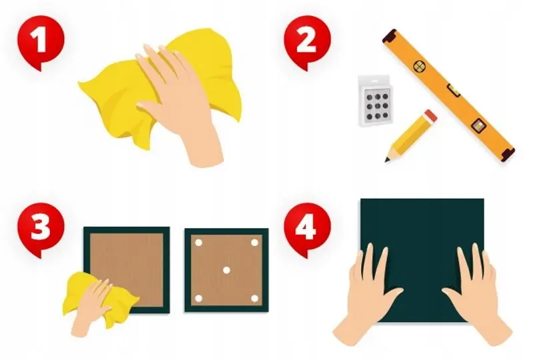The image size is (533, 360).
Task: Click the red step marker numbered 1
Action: point(41,41)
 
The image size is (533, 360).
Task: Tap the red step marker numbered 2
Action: point(307,41)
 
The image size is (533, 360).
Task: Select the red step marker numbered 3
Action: point(41,228)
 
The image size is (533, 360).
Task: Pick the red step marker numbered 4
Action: point(307,228)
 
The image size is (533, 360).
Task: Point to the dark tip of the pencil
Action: point(387,159)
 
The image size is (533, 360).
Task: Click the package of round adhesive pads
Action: point(376,101)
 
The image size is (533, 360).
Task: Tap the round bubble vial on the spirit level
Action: point(420,66)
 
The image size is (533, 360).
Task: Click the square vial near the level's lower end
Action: point(478,125)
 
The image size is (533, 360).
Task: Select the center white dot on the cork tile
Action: point(227,271)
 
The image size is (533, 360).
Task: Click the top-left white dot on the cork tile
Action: point(199,243)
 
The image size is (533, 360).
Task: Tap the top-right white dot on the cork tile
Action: point(255,243)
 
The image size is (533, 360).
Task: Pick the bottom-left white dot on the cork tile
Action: point(199,299)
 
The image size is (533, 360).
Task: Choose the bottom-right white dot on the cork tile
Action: point(255,299)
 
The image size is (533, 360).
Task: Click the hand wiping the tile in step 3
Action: point(92,305)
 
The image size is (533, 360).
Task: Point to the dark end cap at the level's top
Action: point(390,36)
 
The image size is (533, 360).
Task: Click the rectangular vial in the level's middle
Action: point(453,90)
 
